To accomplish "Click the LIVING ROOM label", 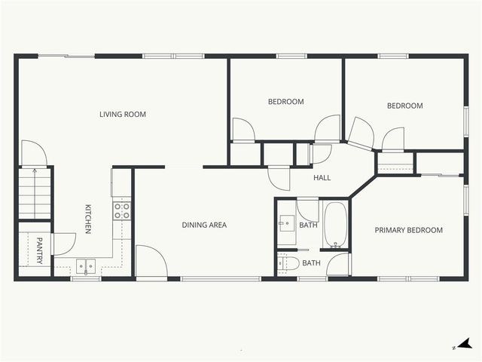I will [x=122, y=115].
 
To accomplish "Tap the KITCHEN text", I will [x=88, y=219].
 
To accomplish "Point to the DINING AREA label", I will [x=204, y=225].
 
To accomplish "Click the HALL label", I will [x=322, y=178].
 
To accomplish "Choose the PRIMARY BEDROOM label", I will [x=409, y=230].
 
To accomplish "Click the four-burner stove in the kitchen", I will [x=121, y=210].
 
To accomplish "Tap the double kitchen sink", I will [x=85, y=265].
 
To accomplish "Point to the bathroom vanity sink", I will [x=286, y=223].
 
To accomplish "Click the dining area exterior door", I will [x=150, y=261].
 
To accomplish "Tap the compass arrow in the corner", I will [x=466, y=345].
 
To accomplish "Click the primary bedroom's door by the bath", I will [x=340, y=265].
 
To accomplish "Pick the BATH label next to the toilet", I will [x=311, y=263].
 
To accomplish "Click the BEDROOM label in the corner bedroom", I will [x=404, y=106].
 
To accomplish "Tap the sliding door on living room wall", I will [x=66, y=56].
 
